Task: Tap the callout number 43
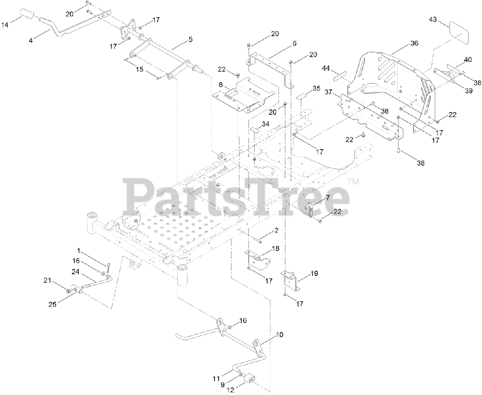click(433, 19)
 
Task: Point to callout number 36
click(414, 43)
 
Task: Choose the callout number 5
click(191, 39)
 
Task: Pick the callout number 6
click(294, 43)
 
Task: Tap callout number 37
click(329, 92)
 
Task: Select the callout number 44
click(326, 68)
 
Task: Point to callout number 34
click(265, 123)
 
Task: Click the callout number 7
click(328, 197)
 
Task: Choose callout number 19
click(314, 273)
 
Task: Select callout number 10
click(279, 334)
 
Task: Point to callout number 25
click(52, 304)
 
